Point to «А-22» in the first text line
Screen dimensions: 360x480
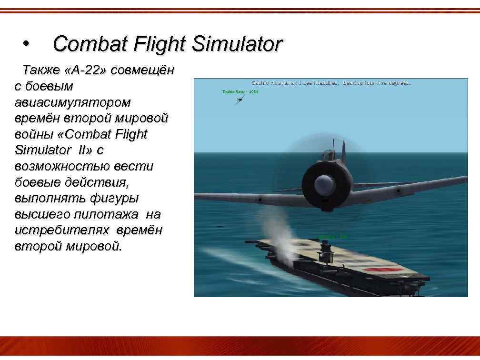(86, 71)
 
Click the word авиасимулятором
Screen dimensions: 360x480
(73, 102)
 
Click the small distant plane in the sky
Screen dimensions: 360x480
(241, 99)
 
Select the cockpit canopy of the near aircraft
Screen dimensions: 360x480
(329, 154)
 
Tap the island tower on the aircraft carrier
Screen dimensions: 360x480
(327, 249)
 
